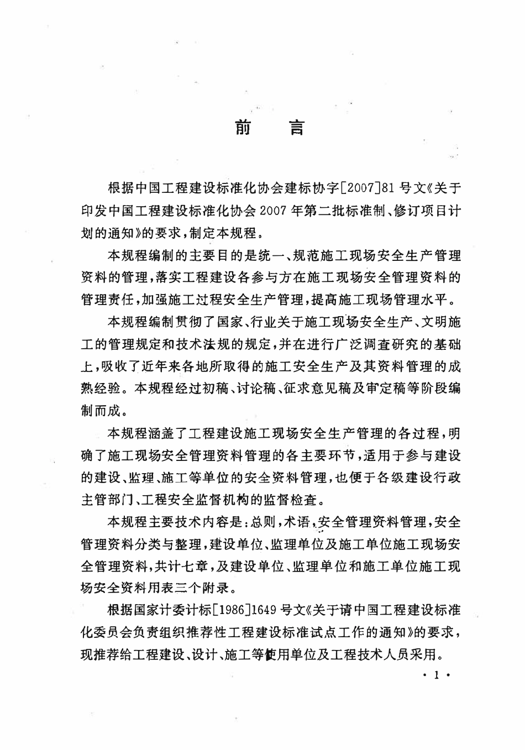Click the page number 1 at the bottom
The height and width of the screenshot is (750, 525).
point(437,675)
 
